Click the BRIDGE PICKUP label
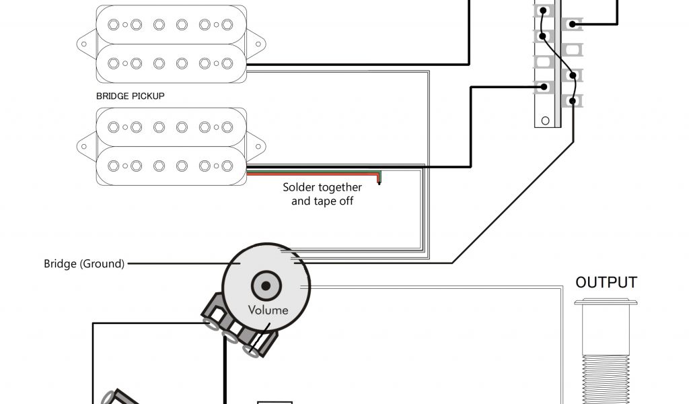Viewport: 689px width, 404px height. [131, 96]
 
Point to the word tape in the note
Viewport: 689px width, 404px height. [324, 201]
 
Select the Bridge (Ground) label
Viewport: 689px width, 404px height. [84, 264]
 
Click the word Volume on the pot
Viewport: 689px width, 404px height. [268, 310]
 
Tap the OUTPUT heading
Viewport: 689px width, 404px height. [606, 282]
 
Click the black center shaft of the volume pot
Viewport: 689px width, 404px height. [266, 285]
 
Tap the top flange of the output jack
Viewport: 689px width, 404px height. [606, 303]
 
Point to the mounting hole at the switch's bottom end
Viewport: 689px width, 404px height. [545, 121]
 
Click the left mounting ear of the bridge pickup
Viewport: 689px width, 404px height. [86, 143]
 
